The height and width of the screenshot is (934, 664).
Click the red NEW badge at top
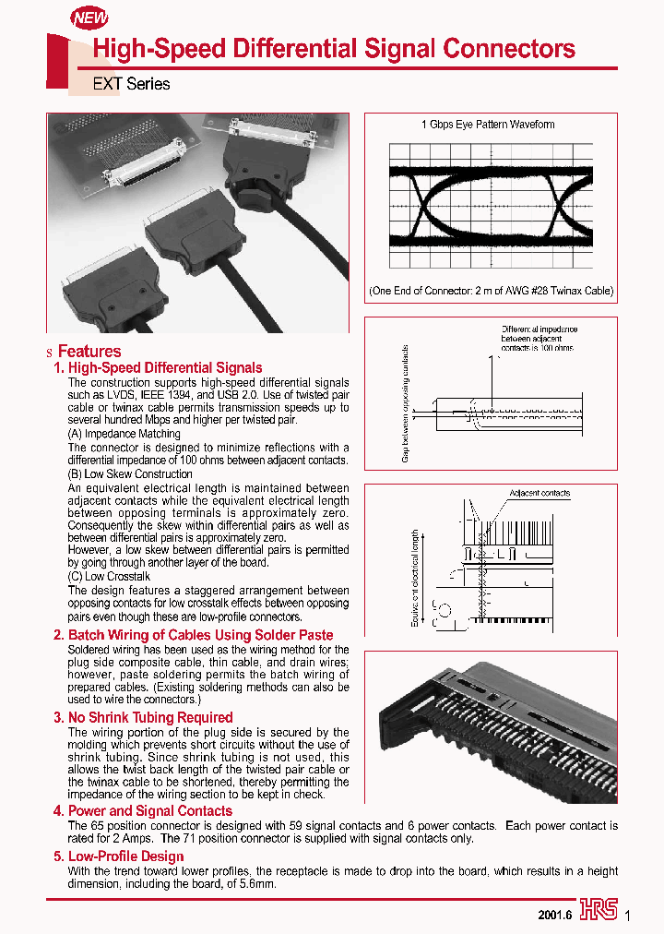tap(90, 18)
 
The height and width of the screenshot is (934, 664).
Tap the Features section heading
tap(89, 352)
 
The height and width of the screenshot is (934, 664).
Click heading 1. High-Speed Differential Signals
tap(158, 368)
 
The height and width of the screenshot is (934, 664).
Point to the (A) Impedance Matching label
tap(125, 434)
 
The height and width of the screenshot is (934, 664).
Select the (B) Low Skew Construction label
tap(130, 474)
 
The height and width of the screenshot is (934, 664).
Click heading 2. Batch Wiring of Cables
tap(193, 635)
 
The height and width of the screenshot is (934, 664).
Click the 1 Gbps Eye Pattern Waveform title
tap(488, 125)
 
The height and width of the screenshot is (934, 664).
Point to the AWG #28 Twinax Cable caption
tap(491, 291)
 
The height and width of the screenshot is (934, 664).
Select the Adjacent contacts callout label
tap(539, 494)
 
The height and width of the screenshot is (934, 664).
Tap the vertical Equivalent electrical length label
tap(416, 579)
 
